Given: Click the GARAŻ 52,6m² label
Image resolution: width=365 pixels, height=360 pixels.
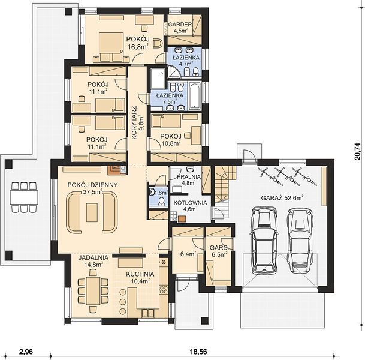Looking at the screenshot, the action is pyautogui.click(x=282, y=198).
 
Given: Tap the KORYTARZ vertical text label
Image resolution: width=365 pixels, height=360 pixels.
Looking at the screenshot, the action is pyautogui.click(x=134, y=123).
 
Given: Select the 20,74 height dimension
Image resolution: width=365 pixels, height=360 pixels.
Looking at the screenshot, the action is pyautogui.click(x=358, y=151).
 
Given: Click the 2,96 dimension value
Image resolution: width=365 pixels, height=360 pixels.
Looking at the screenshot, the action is pyautogui.click(x=26, y=352).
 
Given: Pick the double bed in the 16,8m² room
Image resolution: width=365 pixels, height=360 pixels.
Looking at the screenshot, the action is pyautogui.click(x=111, y=47).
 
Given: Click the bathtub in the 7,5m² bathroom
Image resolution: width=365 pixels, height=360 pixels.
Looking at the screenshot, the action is pyautogui.click(x=195, y=96).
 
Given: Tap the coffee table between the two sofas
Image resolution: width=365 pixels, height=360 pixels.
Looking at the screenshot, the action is pyautogui.click(x=92, y=212).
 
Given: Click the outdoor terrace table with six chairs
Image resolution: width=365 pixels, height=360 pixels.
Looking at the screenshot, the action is pyautogui.click(x=24, y=197).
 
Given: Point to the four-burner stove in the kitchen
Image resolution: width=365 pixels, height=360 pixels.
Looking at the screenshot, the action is pyautogui.click(x=164, y=290).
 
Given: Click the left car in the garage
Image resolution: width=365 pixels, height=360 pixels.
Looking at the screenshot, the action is pyautogui.click(x=264, y=240).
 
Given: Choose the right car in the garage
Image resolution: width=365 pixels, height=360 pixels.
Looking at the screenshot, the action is pyautogui.click(x=300, y=241).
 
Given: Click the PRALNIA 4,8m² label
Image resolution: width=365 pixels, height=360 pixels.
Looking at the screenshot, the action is pyautogui.click(x=189, y=179).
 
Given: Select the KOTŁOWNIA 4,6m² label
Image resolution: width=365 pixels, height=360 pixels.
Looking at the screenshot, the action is pyautogui.click(x=190, y=206).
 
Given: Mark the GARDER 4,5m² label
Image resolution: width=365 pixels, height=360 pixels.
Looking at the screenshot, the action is pyautogui.click(x=180, y=27).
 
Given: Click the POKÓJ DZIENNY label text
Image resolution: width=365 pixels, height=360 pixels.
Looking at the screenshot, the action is pyautogui.click(x=93, y=185).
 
